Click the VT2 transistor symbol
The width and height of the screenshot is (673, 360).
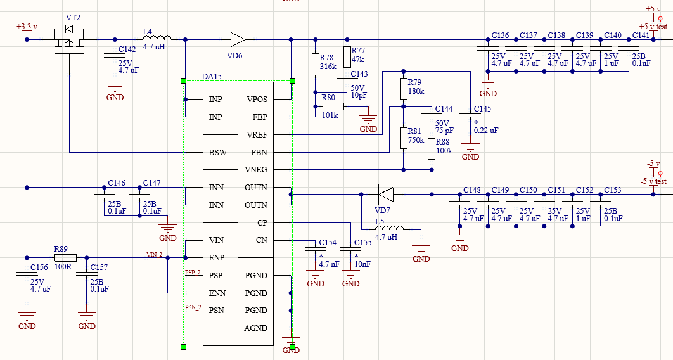(x=69, y=41)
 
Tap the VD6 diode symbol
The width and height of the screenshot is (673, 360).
(x=238, y=39)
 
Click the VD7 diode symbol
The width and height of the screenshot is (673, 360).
(x=385, y=195)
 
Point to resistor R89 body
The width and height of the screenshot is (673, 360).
(x=65, y=258)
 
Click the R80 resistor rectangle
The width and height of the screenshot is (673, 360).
(x=333, y=107)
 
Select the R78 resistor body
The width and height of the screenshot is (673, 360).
(x=316, y=65)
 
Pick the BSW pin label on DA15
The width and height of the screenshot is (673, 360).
(x=217, y=152)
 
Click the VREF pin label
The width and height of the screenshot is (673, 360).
(x=257, y=135)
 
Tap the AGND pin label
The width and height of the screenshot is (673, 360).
(x=255, y=328)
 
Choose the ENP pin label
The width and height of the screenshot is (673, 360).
(x=217, y=258)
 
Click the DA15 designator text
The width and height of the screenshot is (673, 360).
(x=212, y=77)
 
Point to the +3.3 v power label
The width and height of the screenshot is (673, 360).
(x=27, y=27)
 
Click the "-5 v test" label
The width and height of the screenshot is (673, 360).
(x=655, y=181)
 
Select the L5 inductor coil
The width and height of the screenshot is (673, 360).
(x=389, y=228)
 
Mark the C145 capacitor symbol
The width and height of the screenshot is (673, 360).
(x=470, y=115)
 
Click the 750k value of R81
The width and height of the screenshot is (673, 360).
(x=416, y=140)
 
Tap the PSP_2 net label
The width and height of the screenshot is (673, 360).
(x=193, y=273)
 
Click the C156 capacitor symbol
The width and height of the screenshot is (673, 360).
(x=27, y=273)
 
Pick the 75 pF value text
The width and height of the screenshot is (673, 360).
(x=444, y=131)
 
